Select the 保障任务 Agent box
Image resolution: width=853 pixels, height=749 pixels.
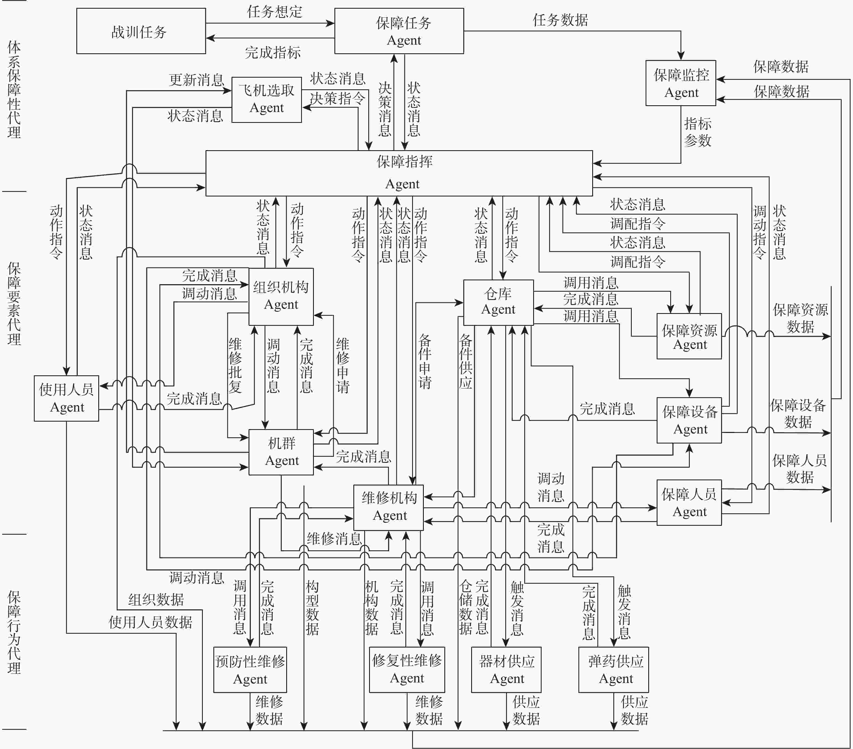[x=399, y=31]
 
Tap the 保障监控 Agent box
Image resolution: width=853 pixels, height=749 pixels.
[x=681, y=83]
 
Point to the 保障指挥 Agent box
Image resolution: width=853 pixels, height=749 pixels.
[x=399, y=173]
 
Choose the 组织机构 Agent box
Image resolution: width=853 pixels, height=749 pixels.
[x=281, y=297]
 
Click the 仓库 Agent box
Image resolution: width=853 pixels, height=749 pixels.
[x=498, y=302]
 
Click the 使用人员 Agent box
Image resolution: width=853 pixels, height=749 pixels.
[x=66, y=398]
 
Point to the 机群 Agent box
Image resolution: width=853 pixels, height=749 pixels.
[x=281, y=452]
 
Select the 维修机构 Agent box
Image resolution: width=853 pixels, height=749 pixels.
[x=389, y=508]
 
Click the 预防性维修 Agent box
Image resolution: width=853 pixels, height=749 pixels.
[x=250, y=670]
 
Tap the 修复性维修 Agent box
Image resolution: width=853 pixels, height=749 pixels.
[x=407, y=670]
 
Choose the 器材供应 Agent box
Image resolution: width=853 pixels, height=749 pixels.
[x=506, y=670]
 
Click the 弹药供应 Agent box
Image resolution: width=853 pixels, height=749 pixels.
[x=613, y=670]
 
